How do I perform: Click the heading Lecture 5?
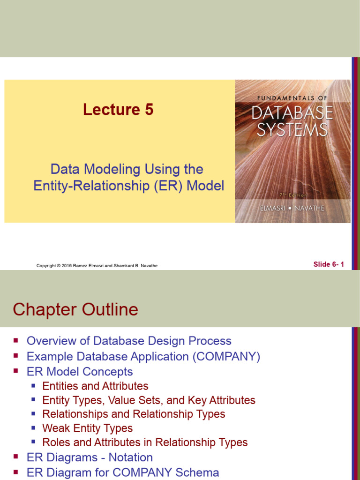pyautogui.click(x=118, y=110)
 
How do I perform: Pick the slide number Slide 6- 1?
pyautogui.click(x=329, y=264)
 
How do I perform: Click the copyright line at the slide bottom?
pyautogui.click(x=97, y=266)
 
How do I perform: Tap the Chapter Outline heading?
pyautogui.click(x=75, y=309)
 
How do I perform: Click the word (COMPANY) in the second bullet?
pyautogui.click(x=226, y=356)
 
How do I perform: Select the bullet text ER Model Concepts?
pyautogui.click(x=80, y=372)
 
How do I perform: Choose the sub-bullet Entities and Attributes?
pyautogui.click(x=95, y=386)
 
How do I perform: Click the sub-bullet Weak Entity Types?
pyautogui.click(x=87, y=428)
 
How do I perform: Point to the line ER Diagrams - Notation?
pyautogui.click(x=90, y=457)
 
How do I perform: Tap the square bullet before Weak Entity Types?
pyautogui.click(x=33, y=428)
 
